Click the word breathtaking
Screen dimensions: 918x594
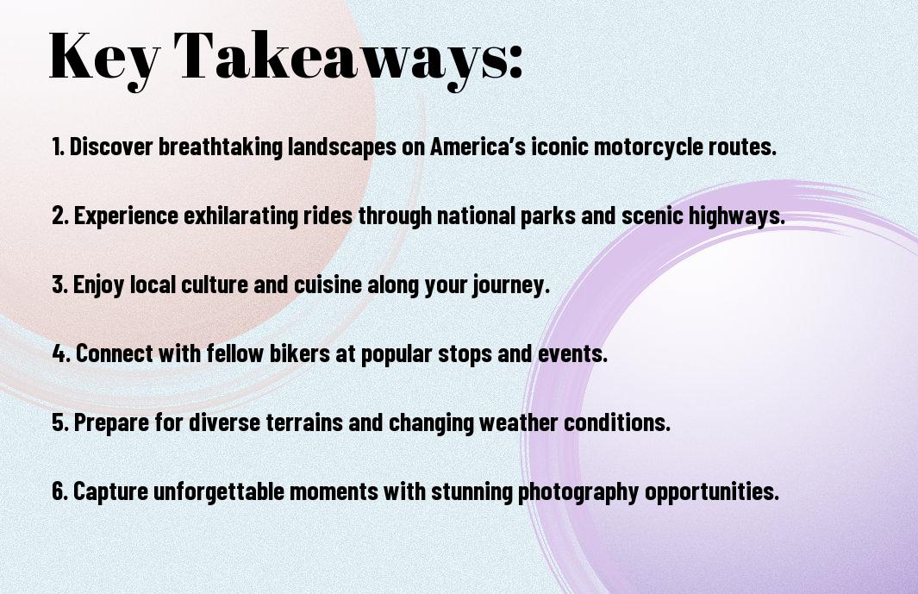(221, 147)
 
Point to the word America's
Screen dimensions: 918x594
(478, 146)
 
